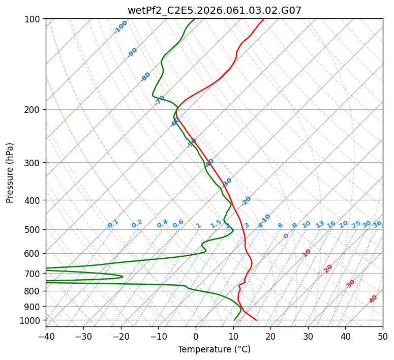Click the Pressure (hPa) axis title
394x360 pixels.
coord(10,172)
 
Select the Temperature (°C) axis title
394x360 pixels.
coord(214,349)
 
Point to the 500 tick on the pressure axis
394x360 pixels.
coord(33,229)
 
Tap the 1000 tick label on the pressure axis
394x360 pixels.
coord(31,320)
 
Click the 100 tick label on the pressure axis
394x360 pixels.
coord(33,19)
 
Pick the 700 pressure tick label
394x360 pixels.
coord(33,274)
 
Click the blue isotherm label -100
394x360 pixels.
coord(121,27)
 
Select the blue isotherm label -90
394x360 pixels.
coord(133,52)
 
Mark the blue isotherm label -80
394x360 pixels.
coord(146,77)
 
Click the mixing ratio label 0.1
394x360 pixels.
coord(113,223)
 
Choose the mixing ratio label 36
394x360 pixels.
coord(377,224)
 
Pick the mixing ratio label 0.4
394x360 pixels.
coord(162,224)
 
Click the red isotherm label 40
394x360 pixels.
coord(373,299)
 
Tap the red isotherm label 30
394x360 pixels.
coord(351,283)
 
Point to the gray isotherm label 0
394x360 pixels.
coord(286,236)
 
